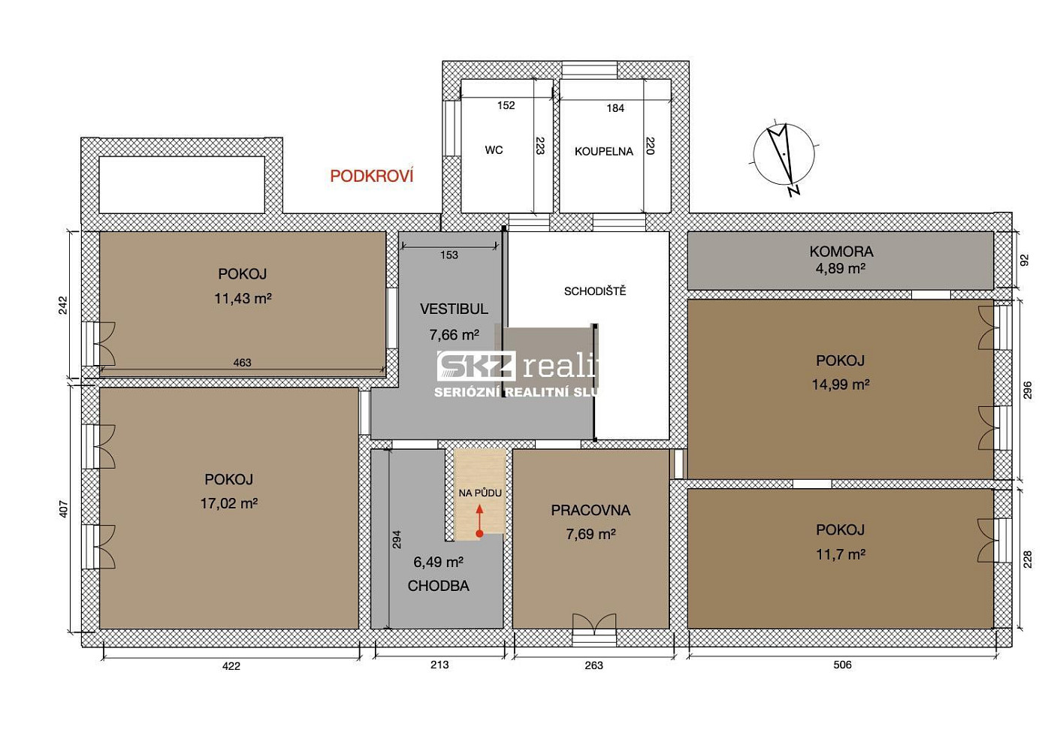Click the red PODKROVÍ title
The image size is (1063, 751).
pos(372,176)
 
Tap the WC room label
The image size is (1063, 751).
pos(494,150)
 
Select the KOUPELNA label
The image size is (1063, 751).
pos(604,152)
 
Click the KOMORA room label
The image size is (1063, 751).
pos(841,252)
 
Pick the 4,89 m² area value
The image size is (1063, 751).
pos(841,269)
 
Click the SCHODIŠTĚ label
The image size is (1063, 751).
pos(595,291)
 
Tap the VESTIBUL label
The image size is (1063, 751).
pos(454,309)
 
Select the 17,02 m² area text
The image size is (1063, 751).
pos(228,503)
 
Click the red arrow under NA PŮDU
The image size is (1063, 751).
pos(479,521)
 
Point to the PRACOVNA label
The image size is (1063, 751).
pos(590,510)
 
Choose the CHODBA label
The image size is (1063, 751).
pos(438,586)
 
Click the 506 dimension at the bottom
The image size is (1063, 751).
pos(842,665)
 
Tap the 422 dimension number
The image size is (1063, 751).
pos(231,666)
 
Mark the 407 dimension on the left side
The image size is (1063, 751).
pos(64,509)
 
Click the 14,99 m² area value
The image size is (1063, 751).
pos(841,385)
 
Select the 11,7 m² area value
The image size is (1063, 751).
pos(841,554)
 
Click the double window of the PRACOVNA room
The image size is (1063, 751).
pos(594,629)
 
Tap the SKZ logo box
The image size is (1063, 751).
pos(476,366)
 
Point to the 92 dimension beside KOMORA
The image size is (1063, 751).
pos(1024,260)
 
